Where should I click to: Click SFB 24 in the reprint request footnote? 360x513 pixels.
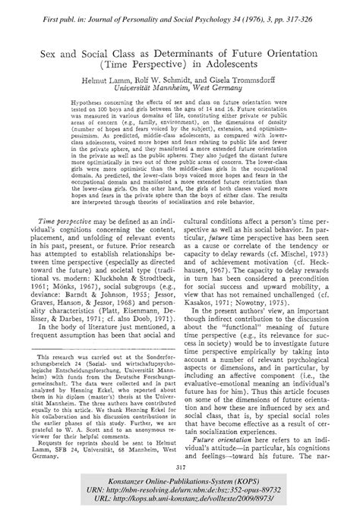coord(89,452)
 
